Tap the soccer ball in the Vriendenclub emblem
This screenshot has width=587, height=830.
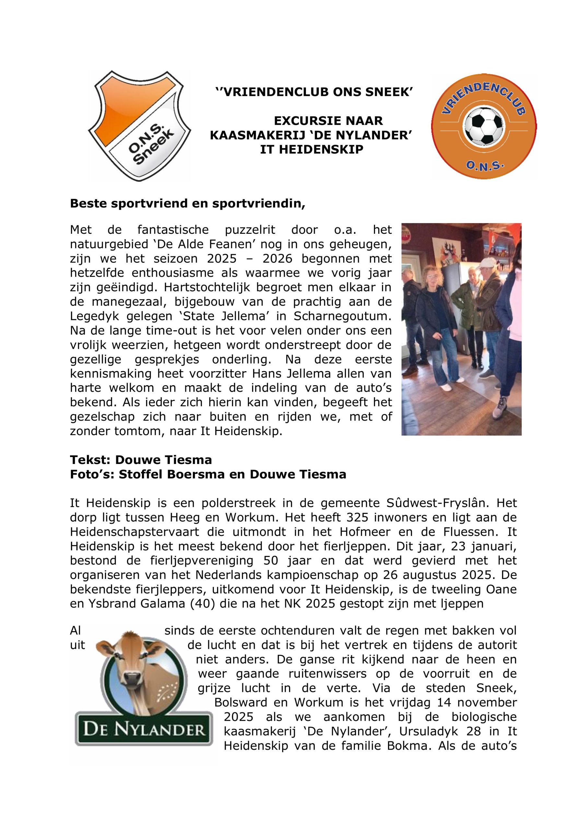(484, 126)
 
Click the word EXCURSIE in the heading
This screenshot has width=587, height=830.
(305, 120)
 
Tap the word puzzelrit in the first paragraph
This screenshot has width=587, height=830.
(250, 230)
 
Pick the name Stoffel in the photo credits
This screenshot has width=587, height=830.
(139, 474)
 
